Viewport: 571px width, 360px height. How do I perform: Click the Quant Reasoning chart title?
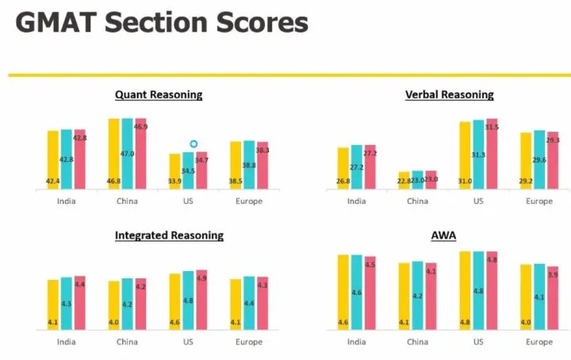point(159,95)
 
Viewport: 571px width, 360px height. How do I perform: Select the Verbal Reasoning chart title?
point(449,95)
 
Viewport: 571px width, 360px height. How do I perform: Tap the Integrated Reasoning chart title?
point(169,236)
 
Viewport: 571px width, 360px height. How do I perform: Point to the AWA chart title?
point(443,236)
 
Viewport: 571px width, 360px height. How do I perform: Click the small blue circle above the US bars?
point(193,144)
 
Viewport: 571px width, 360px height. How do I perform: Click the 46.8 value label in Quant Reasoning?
point(113,182)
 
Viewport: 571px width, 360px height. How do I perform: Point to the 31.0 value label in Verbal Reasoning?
point(465,182)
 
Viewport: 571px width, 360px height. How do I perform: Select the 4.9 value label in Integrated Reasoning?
point(201,278)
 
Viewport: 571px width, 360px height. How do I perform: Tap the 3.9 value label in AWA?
point(553,275)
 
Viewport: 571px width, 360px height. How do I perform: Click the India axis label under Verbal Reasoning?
point(356,201)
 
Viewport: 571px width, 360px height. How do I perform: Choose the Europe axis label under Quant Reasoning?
point(249,201)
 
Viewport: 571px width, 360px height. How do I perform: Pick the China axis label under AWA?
point(417,343)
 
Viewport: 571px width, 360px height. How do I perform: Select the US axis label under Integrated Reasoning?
point(188,343)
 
